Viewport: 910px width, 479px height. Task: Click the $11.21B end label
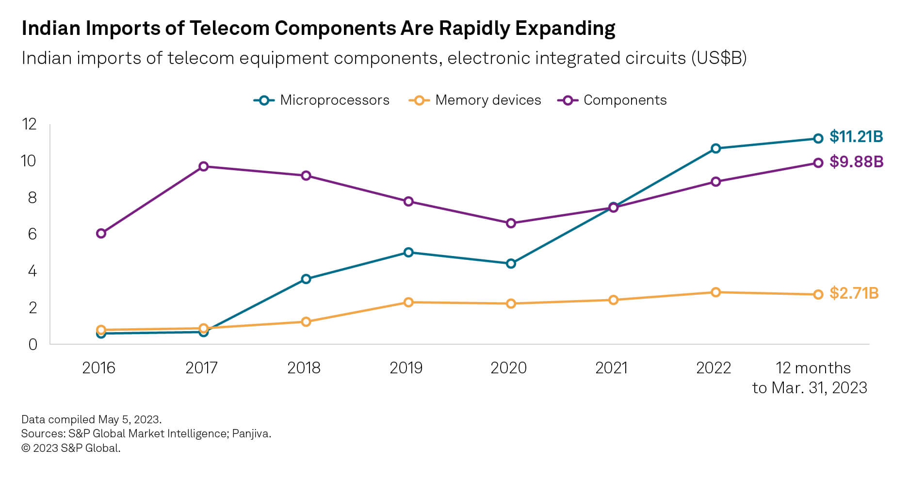coord(856,137)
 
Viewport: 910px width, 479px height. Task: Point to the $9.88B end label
coord(856,162)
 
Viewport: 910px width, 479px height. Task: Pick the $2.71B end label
coord(854,293)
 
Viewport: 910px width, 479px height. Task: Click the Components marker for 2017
coord(204,167)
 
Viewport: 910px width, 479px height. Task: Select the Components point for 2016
coord(101,234)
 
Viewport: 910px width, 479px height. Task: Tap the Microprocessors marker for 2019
coord(408,252)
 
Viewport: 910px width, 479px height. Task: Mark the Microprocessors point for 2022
coord(715,148)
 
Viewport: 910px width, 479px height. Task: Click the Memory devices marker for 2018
coord(306,322)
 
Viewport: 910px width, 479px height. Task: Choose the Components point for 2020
coord(511,224)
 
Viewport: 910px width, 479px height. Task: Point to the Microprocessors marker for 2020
coord(511,264)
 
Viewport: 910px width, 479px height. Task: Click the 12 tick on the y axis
coord(30,124)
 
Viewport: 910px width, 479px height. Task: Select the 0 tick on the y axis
coord(32,344)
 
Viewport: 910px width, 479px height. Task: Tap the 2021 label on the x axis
coord(611,368)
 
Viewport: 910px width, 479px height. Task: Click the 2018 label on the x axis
coord(304,368)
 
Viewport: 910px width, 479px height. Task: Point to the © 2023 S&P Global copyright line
coord(71,448)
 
